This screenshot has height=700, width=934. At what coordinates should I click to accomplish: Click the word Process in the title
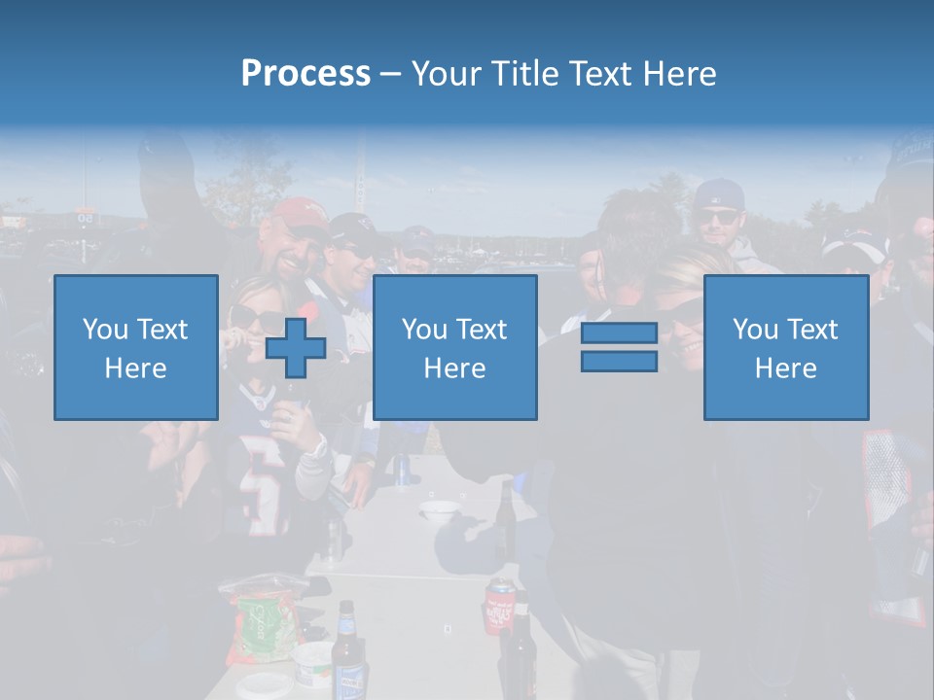pyautogui.click(x=305, y=73)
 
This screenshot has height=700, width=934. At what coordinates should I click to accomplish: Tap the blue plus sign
pyautogui.click(x=296, y=348)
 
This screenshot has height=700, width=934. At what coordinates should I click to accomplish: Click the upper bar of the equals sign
pyautogui.click(x=619, y=333)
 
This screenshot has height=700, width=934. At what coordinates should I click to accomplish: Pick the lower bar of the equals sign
pyautogui.click(x=619, y=361)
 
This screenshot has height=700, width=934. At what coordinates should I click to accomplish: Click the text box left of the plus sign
pyautogui.click(x=135, y=347)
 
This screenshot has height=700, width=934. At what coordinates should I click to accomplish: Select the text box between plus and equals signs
pyautogui.click(x=454, y=347)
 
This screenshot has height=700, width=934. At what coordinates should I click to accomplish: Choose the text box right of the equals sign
pyautogui.click(x=785, y=347)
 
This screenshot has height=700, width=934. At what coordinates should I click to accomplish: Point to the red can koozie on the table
pyautogui.click(x=499, y=605)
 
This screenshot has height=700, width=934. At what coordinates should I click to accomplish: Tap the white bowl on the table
pyautogui.click(x=438, y=508)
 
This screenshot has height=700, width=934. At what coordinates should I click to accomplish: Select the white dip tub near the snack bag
pyautogui.click(x=314, y=663)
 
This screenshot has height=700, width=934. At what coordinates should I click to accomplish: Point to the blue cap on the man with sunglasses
pyautogui.click(x=718, y=192)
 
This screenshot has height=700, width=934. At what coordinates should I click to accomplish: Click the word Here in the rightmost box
pyautogui.click(x=785, y=367)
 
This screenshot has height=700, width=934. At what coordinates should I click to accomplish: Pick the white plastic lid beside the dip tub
pyautogui.click(x=263, y=684)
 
